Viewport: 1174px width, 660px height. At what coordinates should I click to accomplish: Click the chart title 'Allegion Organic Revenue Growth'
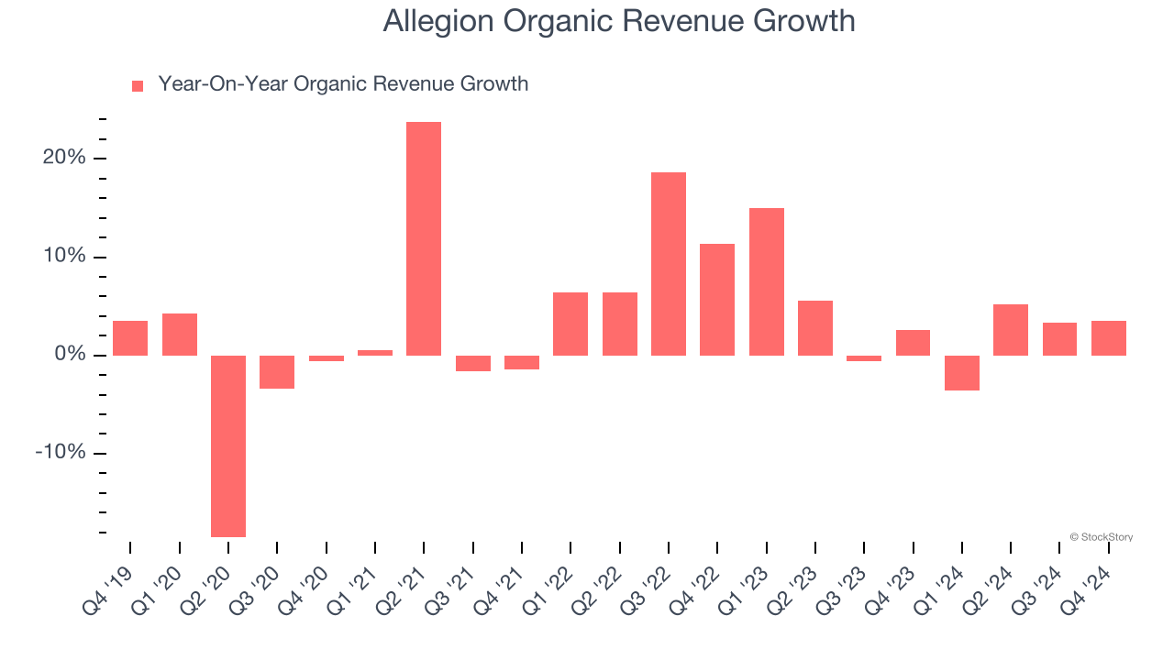coord(619,21)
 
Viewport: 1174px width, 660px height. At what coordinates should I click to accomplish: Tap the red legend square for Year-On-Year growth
coord(138,85)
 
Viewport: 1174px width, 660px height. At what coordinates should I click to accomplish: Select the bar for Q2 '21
coord(424,238)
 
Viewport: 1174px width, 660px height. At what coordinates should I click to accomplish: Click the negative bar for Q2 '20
coord(228,445)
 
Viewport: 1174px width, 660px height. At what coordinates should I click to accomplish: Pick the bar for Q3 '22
coord(669,264)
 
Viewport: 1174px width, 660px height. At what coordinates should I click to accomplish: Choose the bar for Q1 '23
coord(767,281)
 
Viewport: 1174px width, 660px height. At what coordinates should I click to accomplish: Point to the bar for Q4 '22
coord(717,300)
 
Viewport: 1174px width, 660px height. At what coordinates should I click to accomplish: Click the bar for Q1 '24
coord(962,373)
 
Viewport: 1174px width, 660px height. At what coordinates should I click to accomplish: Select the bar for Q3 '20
coord(277,372)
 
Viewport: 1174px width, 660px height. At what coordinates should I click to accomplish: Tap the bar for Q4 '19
coord(130,338)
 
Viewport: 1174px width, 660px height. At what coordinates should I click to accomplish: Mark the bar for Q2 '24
coord(1011,330)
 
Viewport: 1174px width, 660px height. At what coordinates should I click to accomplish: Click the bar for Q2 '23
coord(815,328)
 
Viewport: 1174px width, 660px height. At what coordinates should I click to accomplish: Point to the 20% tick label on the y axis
coord(63,158)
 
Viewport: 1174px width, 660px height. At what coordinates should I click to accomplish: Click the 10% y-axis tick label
coord(63,257)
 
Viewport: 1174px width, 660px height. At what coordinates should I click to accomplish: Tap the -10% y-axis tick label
coord(60,453)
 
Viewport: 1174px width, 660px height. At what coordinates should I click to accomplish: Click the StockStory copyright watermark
coord(1101,537)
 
